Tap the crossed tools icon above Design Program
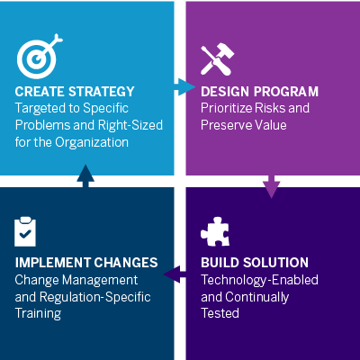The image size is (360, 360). click(x=217, y=58)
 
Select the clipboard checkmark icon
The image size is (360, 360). click(x=25, y=231)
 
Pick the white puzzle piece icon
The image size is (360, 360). click(x=215, y=231)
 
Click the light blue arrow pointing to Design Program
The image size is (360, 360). click(x=184, y=87)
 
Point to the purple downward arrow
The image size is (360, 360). click(x=272, y=186)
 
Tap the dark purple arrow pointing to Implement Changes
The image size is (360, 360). click(x=175, y=274)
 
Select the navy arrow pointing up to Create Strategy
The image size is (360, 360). click(x=85, y=176)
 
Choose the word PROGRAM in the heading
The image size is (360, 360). click(x=286, y=92)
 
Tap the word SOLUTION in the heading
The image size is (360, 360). click(x=275, y=263)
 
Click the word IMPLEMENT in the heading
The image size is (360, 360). click(x=53, y=263)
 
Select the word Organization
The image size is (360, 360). click(x=92, y=142)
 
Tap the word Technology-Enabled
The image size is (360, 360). click(x=259, y=280)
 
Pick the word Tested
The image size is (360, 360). click(x=220, y=313)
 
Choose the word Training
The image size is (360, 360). click(x=38, y=314)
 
